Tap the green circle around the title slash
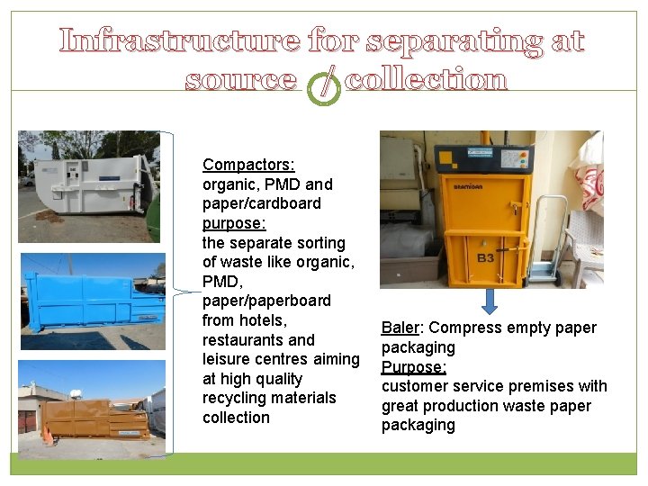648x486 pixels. click(323, 85)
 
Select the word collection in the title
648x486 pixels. click(426, 81)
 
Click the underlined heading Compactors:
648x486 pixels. click(248, 165)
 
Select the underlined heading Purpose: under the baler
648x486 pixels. click(413, 367)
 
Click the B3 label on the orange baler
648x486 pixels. click(484, 258)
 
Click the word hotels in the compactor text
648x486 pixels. click(262, 320)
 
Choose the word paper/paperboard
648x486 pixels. click(266, 301)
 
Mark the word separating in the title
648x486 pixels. click(454, 40)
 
